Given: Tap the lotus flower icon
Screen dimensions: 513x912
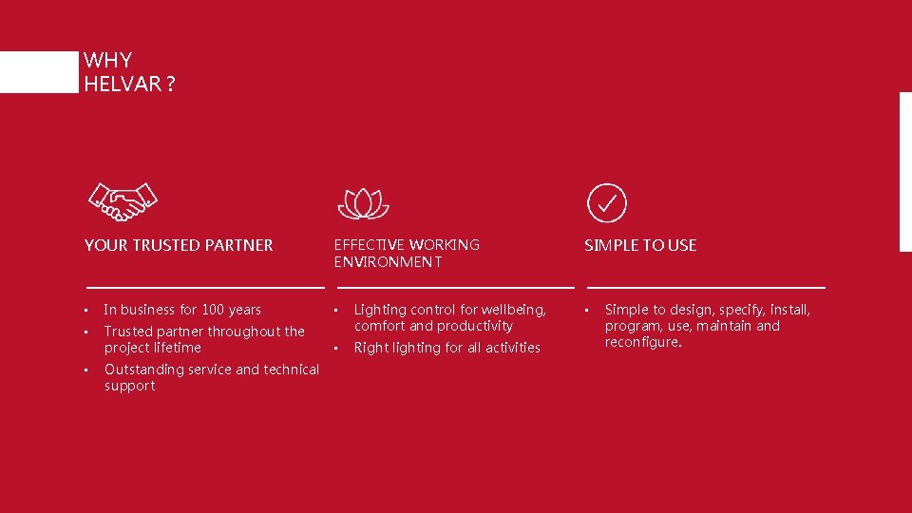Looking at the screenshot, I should pyautogui.click(x=365, y=203).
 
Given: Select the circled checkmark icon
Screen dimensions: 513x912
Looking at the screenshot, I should pyautogui.click(x=607, y=202).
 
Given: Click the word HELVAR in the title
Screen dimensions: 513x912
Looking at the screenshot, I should pyautogui.click(x=123, y=84).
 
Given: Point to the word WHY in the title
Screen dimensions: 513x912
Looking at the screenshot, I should pyautogui.click(x=107, y=61).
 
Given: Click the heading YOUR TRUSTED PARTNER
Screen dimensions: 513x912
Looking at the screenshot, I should pyautogui.click(x=179, y=245).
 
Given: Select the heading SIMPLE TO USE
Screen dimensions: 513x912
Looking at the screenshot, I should pyautogui.click(x=640, y=245).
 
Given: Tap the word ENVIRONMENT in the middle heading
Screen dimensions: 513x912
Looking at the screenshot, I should pyautogui.click(x=388, y=262).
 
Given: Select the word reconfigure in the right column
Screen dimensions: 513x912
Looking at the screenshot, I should pyautogui.click(x=642, y=342).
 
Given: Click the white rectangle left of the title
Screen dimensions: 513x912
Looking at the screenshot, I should pyautogui.click(x=38, y=71).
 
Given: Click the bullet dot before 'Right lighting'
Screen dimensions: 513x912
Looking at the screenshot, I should pyautogui.click(x=335, y=349).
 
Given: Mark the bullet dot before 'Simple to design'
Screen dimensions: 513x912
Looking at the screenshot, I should pyautogui.click(x=586, y=311).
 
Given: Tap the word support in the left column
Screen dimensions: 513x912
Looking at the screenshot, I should pyautogui.click(x=130, y=386).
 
